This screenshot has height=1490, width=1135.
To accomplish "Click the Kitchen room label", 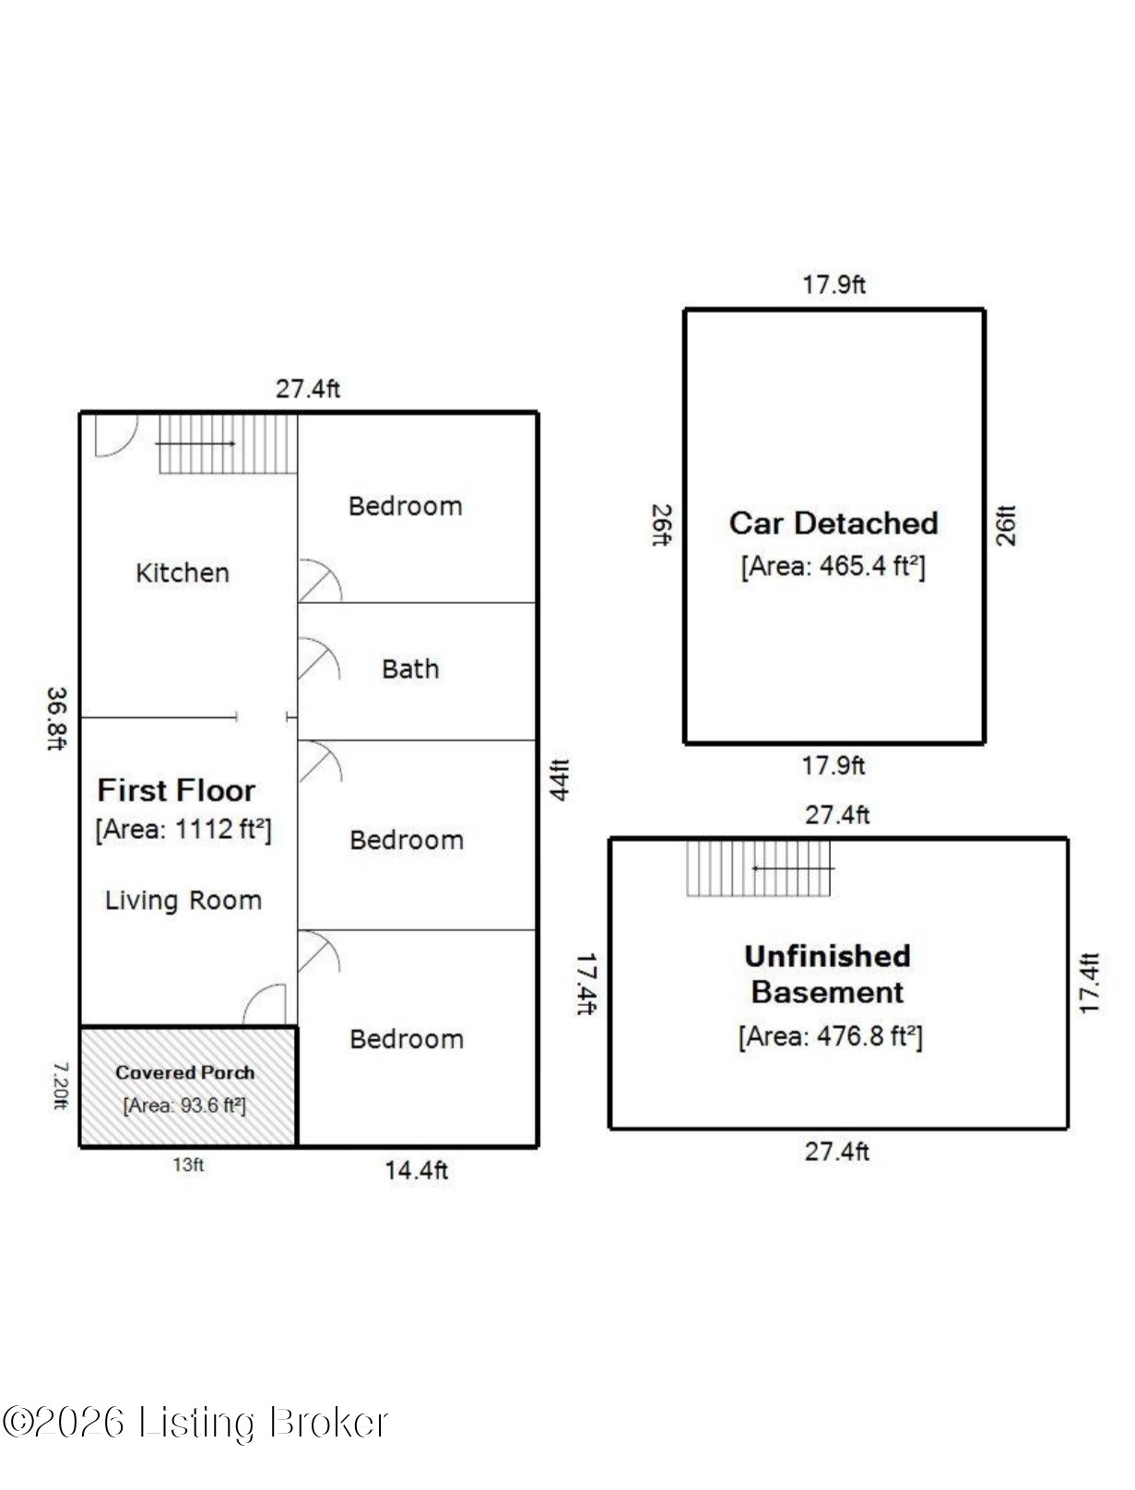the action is pyautogui.click(x=182, y=573).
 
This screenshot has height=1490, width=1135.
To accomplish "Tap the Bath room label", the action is pyautogui.click(x=410, y=669).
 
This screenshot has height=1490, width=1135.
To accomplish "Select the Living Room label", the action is pyautogui.click(x=183, y=900).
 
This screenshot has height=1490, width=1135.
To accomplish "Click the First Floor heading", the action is pyautogui.click(x=176, y=790).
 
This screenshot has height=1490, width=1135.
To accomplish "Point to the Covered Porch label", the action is pyautogui.click(x=184, y=1072).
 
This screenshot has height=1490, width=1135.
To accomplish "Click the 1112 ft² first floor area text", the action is pyautogui.click(x=183, y=829).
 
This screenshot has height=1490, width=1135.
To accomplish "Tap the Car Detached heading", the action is pyautogui.click(x=834, y=524).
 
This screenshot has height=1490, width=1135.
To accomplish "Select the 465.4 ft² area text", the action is pyautogui.click(x=833, y=565).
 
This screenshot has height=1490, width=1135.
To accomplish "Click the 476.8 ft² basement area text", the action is pyautogui.click(x=831, y=1035).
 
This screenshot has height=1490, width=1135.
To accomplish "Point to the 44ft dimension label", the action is pyautogui.click(x=560, y=780).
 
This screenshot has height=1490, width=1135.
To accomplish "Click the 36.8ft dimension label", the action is pyautogui.click(x=57, y=718).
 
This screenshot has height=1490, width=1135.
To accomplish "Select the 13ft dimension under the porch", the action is pyautogui.click(x=188, y=1165).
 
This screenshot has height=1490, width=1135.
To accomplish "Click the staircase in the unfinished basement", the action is pyautogui.click(x=759, y=869).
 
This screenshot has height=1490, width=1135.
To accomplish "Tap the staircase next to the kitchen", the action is pyautogui.click(x=228, y=443).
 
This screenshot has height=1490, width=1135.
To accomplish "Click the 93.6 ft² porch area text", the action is pyautogui.click(x=184, y=1106).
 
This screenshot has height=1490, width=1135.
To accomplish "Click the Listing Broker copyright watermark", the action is pyautogui.click(x=195, y=1421).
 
